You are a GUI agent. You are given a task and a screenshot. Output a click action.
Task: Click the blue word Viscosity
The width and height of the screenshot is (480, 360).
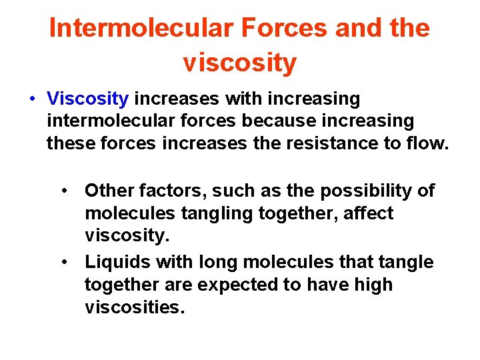87,99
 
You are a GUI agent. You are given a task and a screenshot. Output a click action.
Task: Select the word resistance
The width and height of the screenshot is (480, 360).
323,143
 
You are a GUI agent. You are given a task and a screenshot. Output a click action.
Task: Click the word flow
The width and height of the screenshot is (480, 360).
427,143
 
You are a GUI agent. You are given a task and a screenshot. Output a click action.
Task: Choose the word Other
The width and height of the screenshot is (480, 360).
109,191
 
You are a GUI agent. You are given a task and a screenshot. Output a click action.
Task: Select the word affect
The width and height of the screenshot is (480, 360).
370,213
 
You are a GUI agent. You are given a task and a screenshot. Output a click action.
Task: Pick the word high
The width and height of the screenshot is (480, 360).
373,285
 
